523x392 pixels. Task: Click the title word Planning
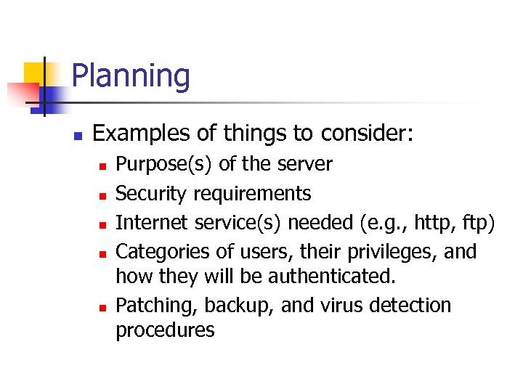tap(131, 76)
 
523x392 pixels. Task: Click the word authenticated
tap(333, 277)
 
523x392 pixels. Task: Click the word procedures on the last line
tap(165, 330)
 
